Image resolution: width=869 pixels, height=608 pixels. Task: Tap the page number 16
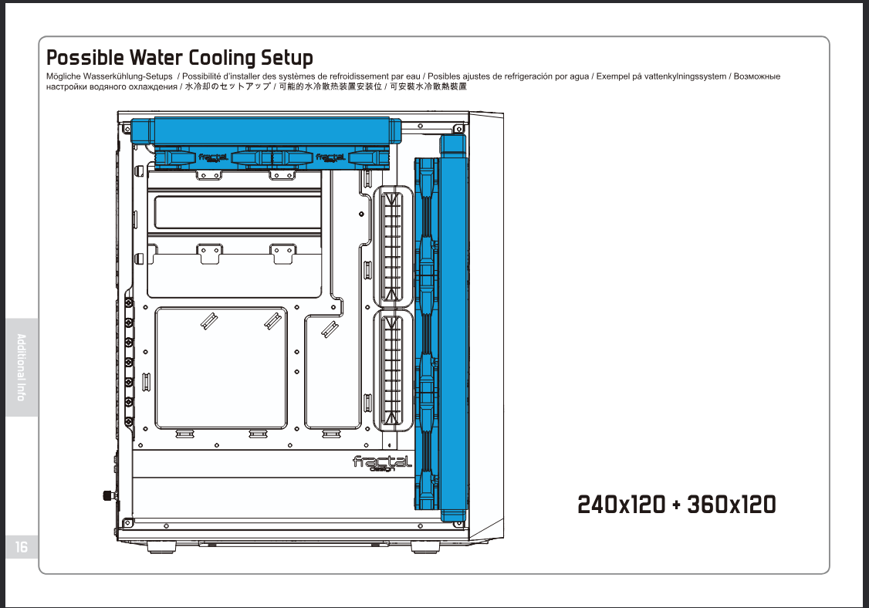[21, 547]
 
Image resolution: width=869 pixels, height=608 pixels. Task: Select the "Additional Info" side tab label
[22, 367]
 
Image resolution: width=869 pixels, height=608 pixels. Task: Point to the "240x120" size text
[621, 505]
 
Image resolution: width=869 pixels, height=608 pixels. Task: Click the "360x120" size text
[731, 505]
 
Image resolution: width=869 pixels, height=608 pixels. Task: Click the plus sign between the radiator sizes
[676, 506]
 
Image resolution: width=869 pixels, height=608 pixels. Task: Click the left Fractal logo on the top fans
[213, 157]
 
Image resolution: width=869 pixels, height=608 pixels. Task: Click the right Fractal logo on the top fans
[330, 157]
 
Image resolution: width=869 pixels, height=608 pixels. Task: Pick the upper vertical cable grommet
[393, 247]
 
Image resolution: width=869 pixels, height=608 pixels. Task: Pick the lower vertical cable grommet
[393, 370]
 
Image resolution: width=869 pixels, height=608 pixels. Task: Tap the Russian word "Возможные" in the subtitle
[757, 77]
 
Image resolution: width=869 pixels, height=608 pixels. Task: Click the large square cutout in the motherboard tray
[221, 368]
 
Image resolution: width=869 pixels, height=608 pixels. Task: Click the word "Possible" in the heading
[85, 58]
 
